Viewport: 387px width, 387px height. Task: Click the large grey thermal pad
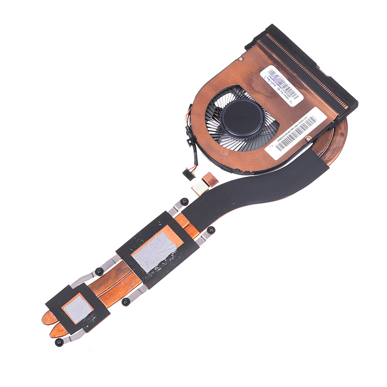pyautogui.click(x=154, y=251)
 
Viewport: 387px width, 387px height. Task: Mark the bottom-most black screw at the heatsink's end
pyautogui.click(x=59, y=342)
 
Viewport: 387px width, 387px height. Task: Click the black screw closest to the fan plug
pyautogui.click(x=184, y=202)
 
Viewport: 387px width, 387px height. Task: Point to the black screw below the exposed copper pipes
pyautogui.click(x=126, y=302)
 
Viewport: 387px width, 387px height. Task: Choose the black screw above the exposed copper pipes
pyautogui.click(x=99, y=271)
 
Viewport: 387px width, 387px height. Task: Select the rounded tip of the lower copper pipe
pyautogui.click(x=55, y=331)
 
